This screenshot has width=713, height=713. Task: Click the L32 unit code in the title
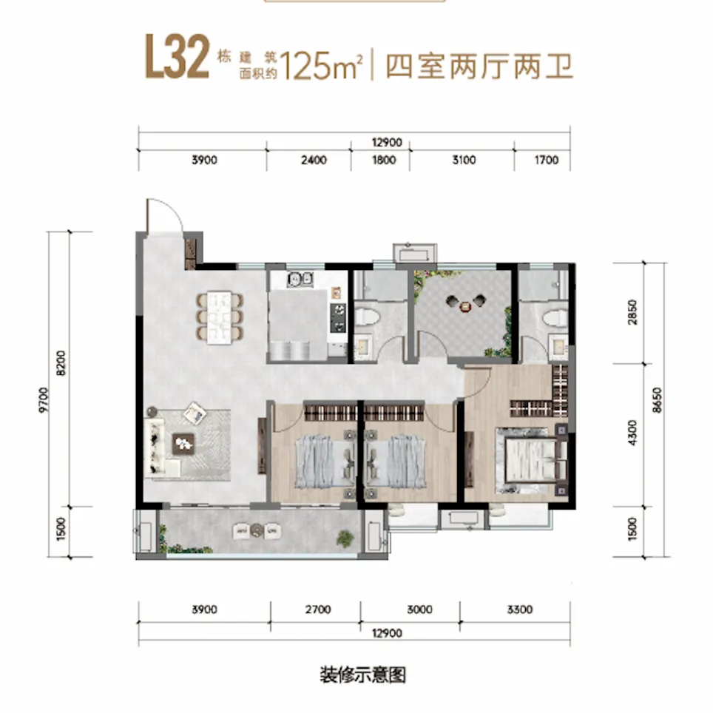(x=177, y=57)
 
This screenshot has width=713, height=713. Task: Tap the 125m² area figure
(x=321, y=66)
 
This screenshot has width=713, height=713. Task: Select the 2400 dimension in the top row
(x=314, y=160)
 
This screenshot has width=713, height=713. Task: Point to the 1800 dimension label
(x=384, y=160)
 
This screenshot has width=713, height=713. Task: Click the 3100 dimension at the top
(x=464, y=160)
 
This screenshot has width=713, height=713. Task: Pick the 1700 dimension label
(x=546, y=160)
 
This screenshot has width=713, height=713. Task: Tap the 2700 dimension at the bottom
(x=318, y=609)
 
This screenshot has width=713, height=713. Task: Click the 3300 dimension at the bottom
(x=520, y=609)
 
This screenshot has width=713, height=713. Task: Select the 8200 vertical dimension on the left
(x=61, y=363)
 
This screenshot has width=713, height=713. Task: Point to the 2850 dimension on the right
(x=632, y=312)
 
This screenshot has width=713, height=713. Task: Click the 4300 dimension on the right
(x=632, y=433)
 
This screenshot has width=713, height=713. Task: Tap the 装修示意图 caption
(x=362, y=675)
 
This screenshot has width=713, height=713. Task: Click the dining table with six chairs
(x=220, y=317)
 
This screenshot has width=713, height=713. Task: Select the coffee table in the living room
(x=183, y=444)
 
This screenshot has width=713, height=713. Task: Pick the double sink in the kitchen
(x=300, y=279)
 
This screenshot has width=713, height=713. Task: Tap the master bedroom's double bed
(x=531, y=461)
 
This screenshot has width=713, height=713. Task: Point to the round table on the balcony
(x=257, y=530)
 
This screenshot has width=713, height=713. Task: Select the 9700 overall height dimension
(x=43, y=400)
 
